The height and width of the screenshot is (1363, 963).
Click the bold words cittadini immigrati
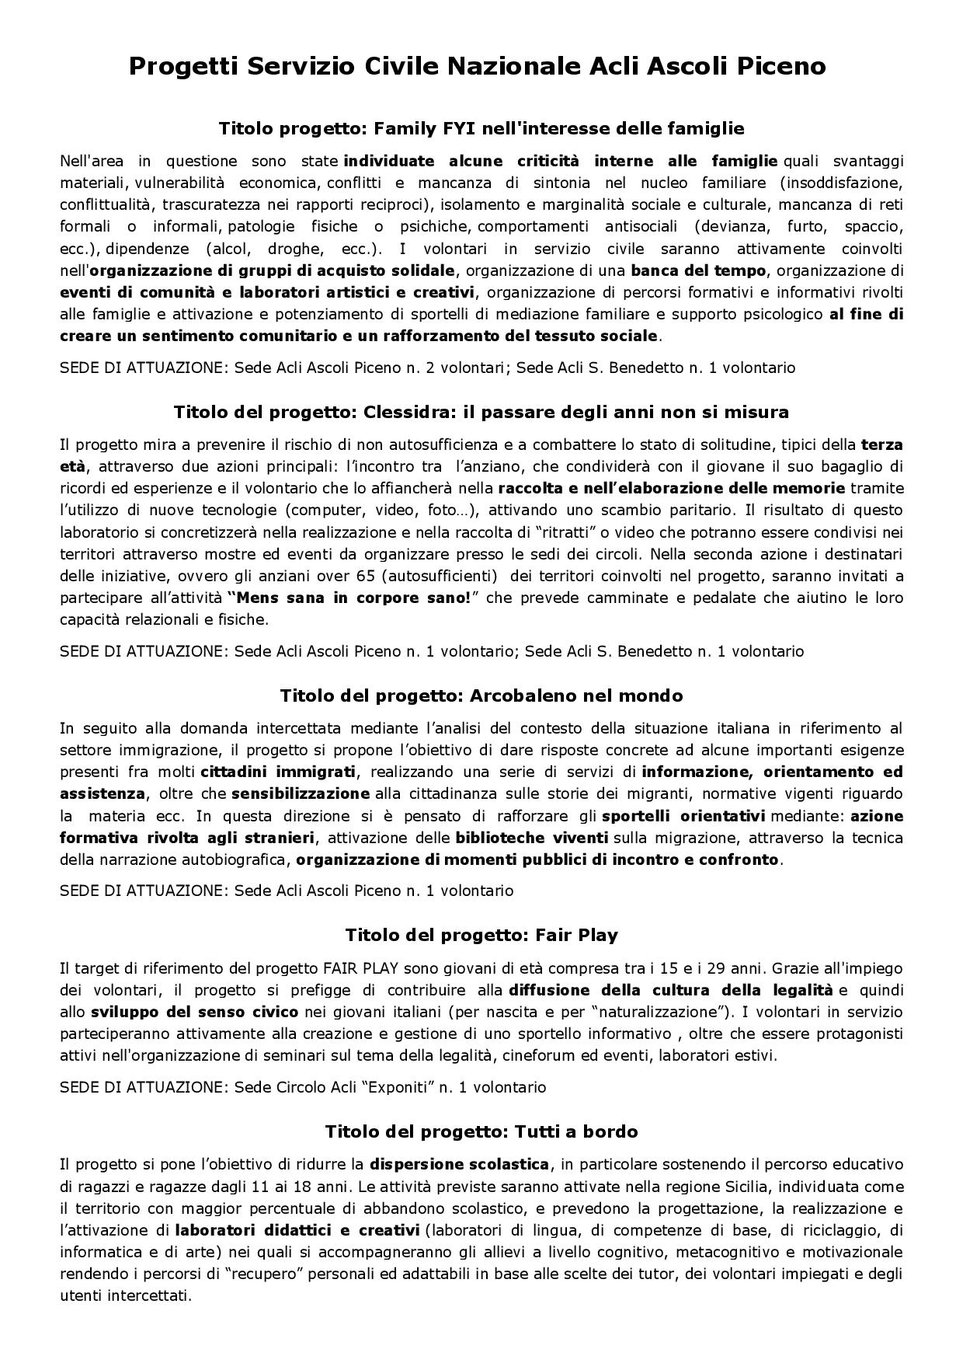[278, 772]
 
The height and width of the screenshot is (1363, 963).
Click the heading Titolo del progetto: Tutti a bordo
[481, 1131]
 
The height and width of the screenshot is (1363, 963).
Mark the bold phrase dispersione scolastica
[460, 1165]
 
